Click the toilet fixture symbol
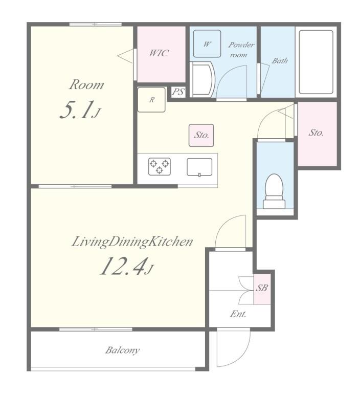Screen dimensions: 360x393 click(x=274, y=191)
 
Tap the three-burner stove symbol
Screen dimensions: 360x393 click(x=160, y=166)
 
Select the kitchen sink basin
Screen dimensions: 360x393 click(x=199, y=167)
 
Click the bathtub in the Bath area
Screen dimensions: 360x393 click(x=316, y=62)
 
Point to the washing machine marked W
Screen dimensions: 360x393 click(x=207, y=44)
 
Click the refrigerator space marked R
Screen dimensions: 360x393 click(x=151, y=100)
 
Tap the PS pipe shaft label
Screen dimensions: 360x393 click(x=178, y=92)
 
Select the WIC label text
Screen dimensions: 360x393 click(x=159, y=53)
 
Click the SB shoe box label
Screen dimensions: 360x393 click(x=262, y=288)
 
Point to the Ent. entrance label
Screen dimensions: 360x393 click(x=238, y=314)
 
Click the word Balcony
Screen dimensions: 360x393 click(x=122, y=350)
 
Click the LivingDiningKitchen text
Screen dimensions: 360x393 click(x=132, y=242)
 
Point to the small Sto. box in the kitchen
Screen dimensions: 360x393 click(x=201, y=135)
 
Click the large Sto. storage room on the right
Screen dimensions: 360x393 click(x=317, y=134)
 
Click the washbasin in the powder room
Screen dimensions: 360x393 click(x=201, y=80)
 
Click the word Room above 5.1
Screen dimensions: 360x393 click(x=86, y=85)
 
